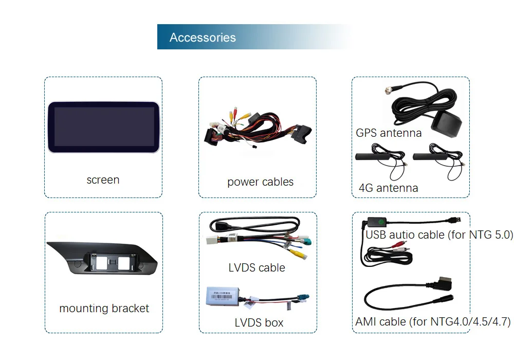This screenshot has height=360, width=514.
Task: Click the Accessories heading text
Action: [x=203, y=38]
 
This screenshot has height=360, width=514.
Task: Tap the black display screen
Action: [x=103, y=127]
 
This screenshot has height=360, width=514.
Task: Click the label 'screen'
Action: [x=103, y=180]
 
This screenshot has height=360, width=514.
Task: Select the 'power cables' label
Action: [x=260, y=182]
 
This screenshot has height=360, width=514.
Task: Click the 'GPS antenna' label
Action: [x=389, y=133]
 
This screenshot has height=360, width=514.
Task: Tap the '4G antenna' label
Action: [x=388, y=188]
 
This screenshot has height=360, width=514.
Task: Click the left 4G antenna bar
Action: [x=380, y=155]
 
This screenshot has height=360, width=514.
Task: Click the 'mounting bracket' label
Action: [x=104, y=309]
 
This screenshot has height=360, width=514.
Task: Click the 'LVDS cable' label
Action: [x=256, y=267]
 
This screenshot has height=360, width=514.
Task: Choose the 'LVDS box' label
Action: [x=259, y=323]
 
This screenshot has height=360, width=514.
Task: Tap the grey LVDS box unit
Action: [x=224, y=300]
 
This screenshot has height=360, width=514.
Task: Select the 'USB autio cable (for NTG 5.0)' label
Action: [x=439, y=235]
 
